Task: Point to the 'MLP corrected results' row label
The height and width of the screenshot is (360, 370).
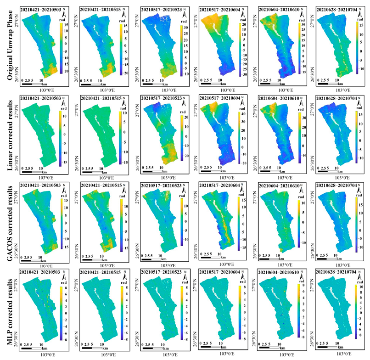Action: [8, 309]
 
